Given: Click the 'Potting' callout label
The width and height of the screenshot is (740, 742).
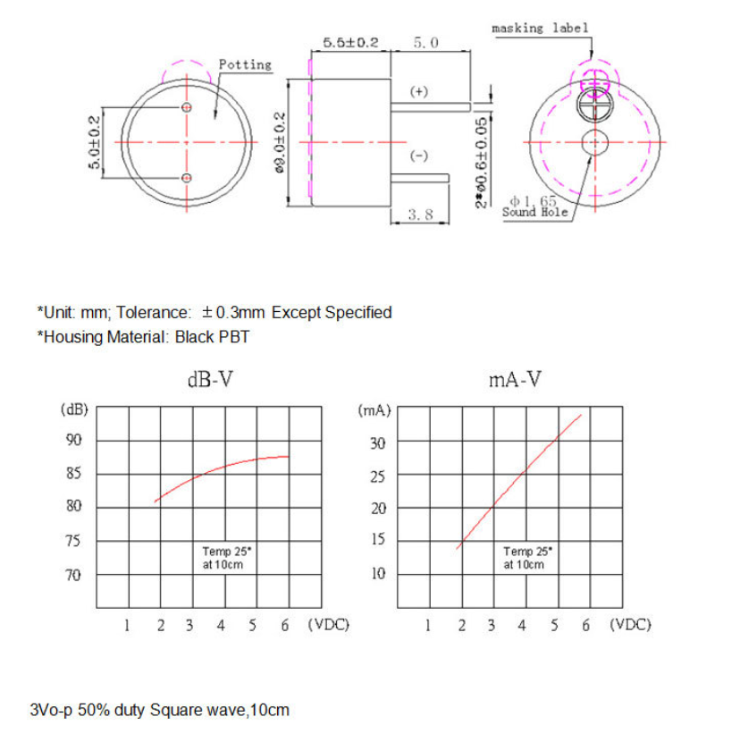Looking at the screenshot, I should pyautogui.click(x=245, y=65).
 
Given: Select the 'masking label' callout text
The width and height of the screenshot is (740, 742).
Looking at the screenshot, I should pyautogui.click(x=540, y=28).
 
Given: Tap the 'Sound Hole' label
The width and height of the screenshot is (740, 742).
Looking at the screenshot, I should pyautogui.click(x=535, y=212).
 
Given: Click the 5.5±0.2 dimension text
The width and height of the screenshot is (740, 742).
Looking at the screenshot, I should pyautogui.click(x=351, y=42).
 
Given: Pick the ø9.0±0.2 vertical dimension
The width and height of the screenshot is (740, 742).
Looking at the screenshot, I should pyautogui.click(x=282, y=142).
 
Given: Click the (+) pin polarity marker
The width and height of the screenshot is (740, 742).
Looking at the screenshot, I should pyautogui.click(x=418, y=92).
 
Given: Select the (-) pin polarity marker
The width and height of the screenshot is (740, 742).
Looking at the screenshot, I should pyautogui.click(x=418, y=156).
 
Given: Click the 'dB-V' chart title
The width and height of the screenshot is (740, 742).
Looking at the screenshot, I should pyautogui.click(x=211, y=379).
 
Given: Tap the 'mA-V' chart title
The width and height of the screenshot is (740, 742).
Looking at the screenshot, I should pyautogui.click(x=516, y=379).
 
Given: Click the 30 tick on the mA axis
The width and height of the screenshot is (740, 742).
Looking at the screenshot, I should pyautogui.click(x=378, y=443).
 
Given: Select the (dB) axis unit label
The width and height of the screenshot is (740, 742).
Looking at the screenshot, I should pyautogui.click(x=74, y=409).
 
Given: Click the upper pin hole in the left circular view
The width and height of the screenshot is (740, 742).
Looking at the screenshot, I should pyautogui.click(x=186, y=107).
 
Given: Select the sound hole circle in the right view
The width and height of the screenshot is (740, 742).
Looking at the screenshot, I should pyautogui.click(x=594, y=141).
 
